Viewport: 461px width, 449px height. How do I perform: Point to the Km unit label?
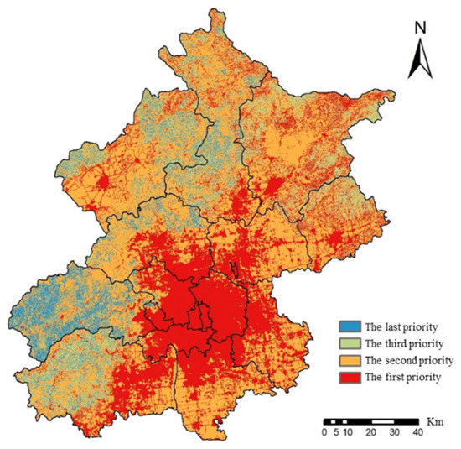pyautogui.click(x=436, y=418)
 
